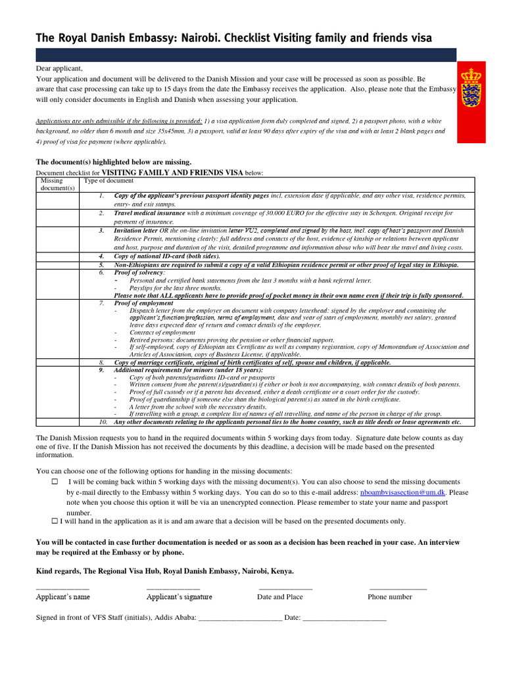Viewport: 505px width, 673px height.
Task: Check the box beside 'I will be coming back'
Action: click(x=55, y=482)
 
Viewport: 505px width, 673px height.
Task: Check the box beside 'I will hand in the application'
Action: click(x=55, y=521)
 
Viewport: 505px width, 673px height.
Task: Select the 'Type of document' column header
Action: click(x=108, y=181)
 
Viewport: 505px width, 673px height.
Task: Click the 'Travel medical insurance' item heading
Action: click(x=149, y=214)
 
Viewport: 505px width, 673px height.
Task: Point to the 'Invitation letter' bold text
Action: click(x=135, y=231)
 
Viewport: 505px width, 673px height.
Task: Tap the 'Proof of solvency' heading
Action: click(x=139, y=272)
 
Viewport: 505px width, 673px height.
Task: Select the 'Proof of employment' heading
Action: click(x=143, y=303)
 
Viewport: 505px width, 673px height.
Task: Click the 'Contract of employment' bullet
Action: click(x=162, y=333)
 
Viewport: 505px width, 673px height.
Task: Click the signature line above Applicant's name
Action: click(x=62, y=586)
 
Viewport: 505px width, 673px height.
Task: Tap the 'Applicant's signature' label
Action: click(x=179, y=597)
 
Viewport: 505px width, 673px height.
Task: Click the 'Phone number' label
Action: click(x=389, y=597)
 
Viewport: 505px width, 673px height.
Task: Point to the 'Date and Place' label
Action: click(x=279, y=597)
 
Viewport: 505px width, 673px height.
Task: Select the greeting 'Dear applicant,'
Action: click(x=59, y=68)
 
